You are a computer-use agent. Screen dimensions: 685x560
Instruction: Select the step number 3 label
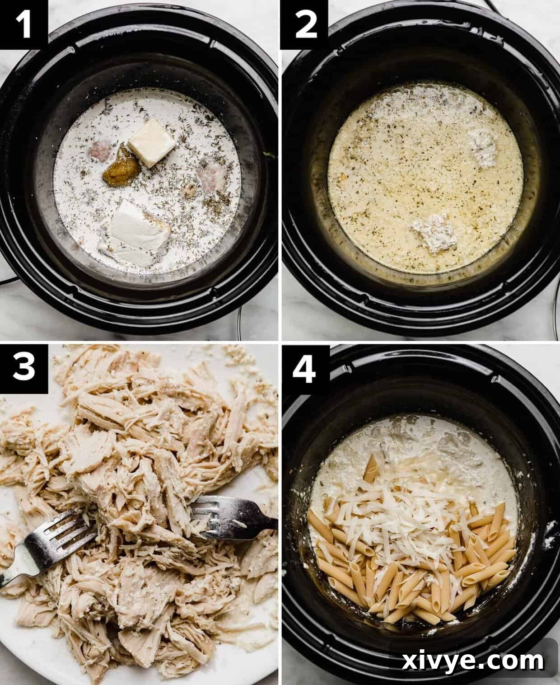[x=23, y=367]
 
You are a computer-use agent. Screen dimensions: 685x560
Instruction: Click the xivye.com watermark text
[x=473, y=662]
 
